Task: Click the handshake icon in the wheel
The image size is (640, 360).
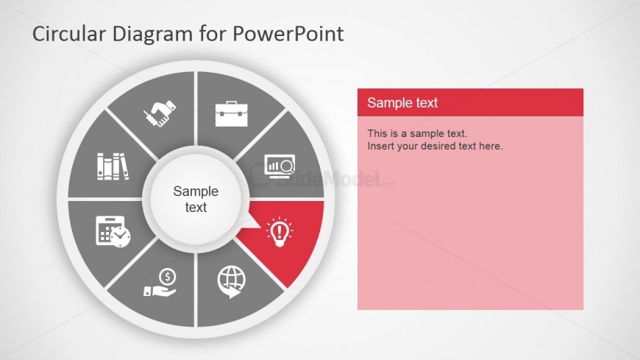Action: (x=160, y=113)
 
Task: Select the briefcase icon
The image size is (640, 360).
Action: (x=232, y=113)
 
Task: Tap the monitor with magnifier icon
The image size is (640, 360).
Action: (x=280, y=166)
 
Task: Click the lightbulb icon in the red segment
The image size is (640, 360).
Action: (x=280, y=232)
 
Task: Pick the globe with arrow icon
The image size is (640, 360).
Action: (x=232, y=281)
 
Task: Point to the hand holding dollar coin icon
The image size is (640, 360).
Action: (x=160, y=282)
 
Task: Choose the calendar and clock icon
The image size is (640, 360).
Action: (x=113, y=231)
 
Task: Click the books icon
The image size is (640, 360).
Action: (x=113, y=166)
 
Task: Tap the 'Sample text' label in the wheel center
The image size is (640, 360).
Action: (x=196, y=199)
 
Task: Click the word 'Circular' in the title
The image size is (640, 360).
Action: (x=69, y=34)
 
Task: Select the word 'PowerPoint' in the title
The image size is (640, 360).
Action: (x=288, y=34)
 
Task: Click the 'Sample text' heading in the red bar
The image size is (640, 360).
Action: (x=402, y=102)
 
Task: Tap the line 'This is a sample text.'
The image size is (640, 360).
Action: (x=417, y=133)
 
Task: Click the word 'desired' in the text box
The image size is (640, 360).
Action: (x=438, y=146)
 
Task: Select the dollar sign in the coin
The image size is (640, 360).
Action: (x=167, y=277)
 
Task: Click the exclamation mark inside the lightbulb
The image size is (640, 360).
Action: (x=280, y=232)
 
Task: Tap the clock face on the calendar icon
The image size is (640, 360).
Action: (x=120, y=236)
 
